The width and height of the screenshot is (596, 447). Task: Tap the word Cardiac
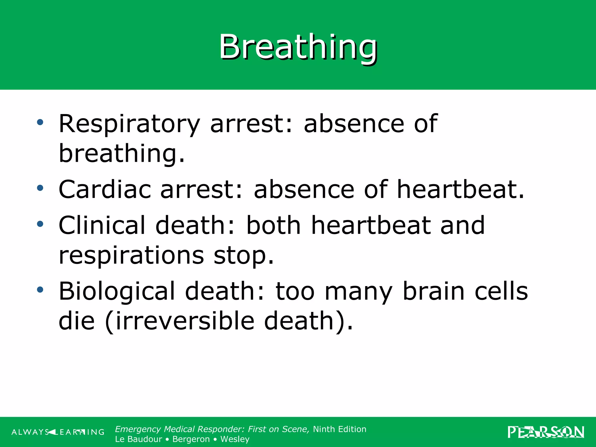[105, 189]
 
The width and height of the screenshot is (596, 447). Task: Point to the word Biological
[117, 291]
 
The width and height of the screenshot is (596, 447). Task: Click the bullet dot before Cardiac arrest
[40, 188]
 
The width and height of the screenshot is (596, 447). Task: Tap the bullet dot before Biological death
[40, 290]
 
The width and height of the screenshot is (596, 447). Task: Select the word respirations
[131, 256]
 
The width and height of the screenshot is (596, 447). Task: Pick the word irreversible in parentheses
[185, 321]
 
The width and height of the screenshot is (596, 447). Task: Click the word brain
[434, 291]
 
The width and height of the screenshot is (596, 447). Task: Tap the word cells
[501, 291]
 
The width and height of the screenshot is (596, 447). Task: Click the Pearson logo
[546, 432]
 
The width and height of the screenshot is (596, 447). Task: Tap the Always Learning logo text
[58, 432]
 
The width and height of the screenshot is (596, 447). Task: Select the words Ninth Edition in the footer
[340, 429]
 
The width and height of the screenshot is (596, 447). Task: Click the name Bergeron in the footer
[191, 439]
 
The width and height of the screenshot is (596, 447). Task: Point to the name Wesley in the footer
[235, 439]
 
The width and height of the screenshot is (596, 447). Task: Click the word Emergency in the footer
[138, 429]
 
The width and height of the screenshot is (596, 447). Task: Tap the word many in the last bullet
[359, 292]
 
